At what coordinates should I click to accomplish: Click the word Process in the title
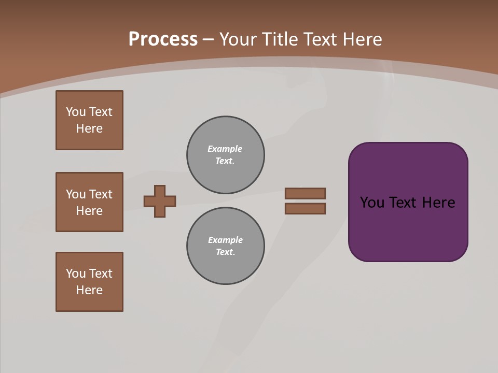(x=163, y=39)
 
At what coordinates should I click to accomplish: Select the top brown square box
(x=89, y=120)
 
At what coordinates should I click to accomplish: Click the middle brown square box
(x=89, y=202)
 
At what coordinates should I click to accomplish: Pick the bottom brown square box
(x=89, y=282)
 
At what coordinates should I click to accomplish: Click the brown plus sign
(x=160, y=201)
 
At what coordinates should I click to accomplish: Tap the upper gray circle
(x=225, y=155)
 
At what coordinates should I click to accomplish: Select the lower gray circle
(x=225, y=246)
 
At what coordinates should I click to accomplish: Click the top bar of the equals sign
(x=305, y=193)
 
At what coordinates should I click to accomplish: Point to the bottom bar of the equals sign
(x=305, y=209)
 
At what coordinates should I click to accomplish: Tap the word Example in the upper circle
(x=225, y=149)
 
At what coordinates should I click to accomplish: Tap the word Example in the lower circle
(x=225, y=240)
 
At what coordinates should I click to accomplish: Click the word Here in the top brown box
(x=89, y=128)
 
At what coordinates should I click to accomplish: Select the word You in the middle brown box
(x=75, y=194)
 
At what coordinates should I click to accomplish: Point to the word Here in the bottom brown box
(x=89, y=290)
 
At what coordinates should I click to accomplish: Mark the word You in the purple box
(x=372, y=203)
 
